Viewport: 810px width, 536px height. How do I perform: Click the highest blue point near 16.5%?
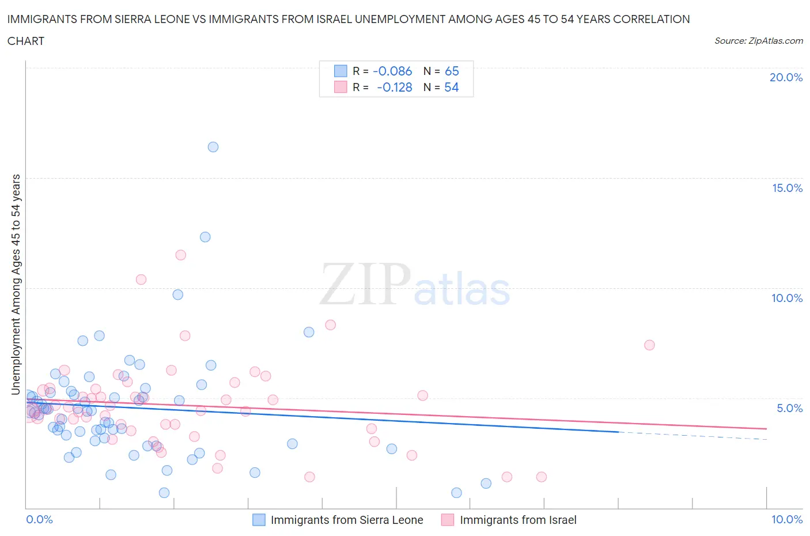point(213,147)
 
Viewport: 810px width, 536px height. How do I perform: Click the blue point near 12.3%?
point(205,237)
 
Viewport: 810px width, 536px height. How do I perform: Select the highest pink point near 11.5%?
point(181,255)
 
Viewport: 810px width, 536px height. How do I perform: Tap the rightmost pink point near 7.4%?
point(649,345)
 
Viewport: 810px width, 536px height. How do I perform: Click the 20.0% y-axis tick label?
point(786,77)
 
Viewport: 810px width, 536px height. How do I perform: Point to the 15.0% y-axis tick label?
point(787,188)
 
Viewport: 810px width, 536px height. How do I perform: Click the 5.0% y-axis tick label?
point(789,408)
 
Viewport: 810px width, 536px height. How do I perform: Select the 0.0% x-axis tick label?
point(39,519)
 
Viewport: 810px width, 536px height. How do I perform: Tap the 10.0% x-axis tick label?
point(787,519)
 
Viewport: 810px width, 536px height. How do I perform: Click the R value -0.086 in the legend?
point(392,71)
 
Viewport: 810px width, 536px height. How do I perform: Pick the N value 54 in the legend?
point(452,87)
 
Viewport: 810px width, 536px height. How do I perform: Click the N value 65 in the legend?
point(452,71)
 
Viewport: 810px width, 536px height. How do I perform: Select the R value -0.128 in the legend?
point(395,87)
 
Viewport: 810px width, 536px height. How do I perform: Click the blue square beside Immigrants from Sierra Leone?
point(259,520)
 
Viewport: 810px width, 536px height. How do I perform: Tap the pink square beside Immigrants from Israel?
point(448,520)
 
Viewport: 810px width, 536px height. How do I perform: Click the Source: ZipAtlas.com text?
point(759,40)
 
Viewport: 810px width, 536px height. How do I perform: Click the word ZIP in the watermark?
point(365,284)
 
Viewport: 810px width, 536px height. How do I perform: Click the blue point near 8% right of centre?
point(309,332)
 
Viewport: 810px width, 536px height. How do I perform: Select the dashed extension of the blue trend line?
point(691,436)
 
